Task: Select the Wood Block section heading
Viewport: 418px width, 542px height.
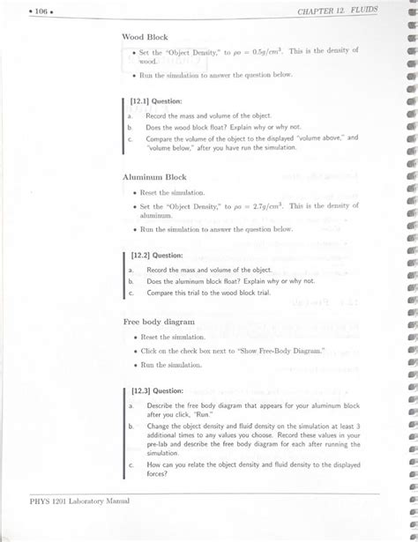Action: click(x=146, y=38)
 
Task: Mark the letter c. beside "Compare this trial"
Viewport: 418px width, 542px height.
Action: click(x=130, y=293)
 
